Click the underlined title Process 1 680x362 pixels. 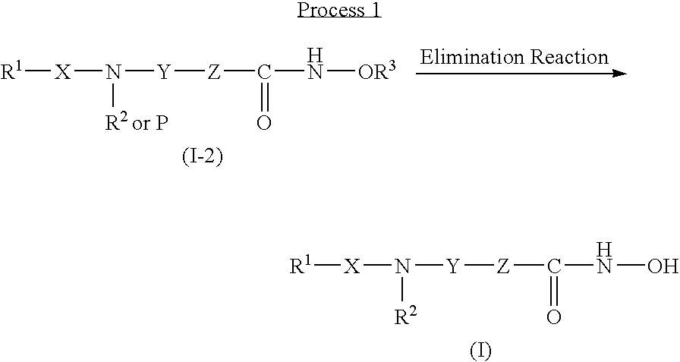tap(338, 11)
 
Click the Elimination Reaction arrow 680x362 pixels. tap(523, 74)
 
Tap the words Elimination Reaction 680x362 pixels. tap(514, 57)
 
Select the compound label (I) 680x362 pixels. tap(480, 351)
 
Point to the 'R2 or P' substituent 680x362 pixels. tap(137, 124)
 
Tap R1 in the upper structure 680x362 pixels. tap(14, 73)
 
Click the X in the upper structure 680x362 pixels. tap(62, 74)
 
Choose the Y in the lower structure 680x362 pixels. tap(454, 266)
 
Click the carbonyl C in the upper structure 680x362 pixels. tap(263, 74)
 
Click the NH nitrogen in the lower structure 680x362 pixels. tap(605, 266)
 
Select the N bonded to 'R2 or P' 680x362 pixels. tap(113, 74)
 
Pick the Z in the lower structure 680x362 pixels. tap(503, 266)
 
